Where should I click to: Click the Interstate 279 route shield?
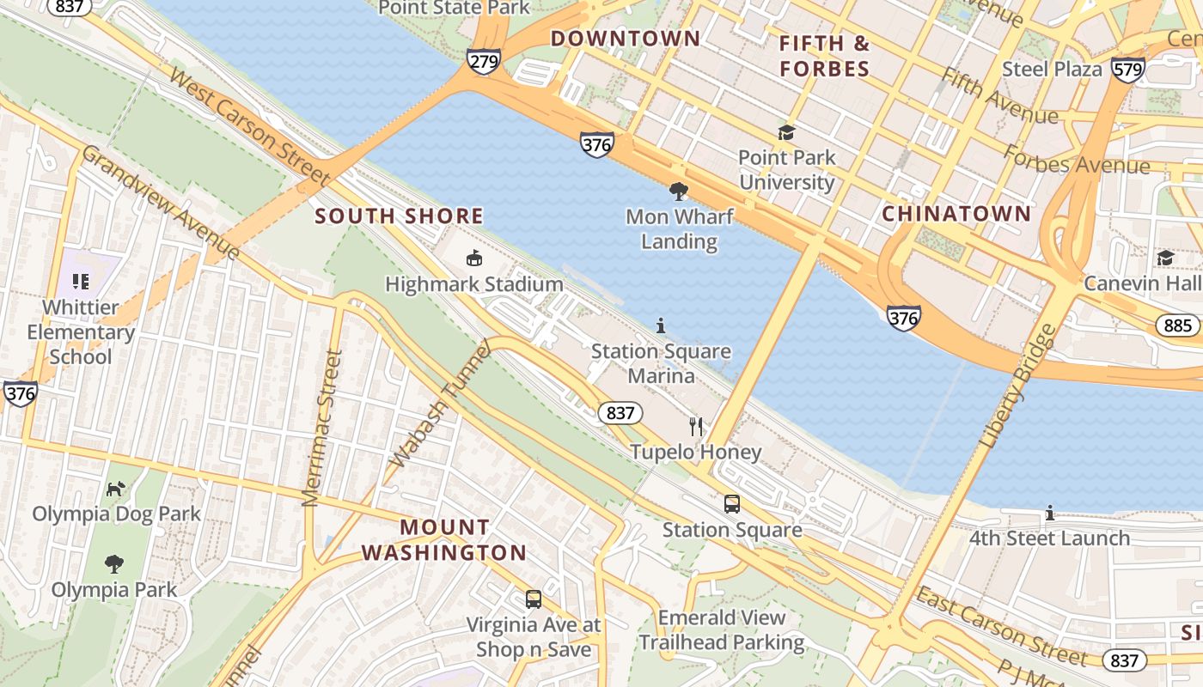pyautogui.click(x=484, y=61)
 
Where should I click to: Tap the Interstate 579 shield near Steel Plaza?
pyautogui.click(x=1127, y=69)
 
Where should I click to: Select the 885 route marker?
pyautogui.click(x=1177, y=325)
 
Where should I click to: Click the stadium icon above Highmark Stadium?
pyautogui.click(x=473, y=258)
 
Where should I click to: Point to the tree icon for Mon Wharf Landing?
pyautogui.click(x=679, y=191)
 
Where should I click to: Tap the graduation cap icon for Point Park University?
pyautogui.click(x=786, y=132)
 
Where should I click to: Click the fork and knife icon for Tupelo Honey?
pyautogui.click(x=696, y=426)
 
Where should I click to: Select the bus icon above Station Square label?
pyautogui.click(x=732, y=504)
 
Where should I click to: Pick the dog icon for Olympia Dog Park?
pyautogui.click(x=115, y=489)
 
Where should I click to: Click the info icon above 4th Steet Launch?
pyautogui.click(x=1049, y=513)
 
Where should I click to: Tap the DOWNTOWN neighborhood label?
pyautogui.click(x=626, y=39)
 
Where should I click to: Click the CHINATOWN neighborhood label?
pyautogui.click(x=956, y=214)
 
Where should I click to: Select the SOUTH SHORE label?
pyautogui.click(x=399, y=216)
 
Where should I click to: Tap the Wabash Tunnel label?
pyautogui.click(x=441, y=404)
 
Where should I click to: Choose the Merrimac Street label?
pyautogui.click(x=321, y=428)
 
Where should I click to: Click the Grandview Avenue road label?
pyautogui.click(x=161, y=201)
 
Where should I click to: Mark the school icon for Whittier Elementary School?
pyautogui.click(x=81, y=281)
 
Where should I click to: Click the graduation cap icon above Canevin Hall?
pyautogui.click(x=1165, y=258)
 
